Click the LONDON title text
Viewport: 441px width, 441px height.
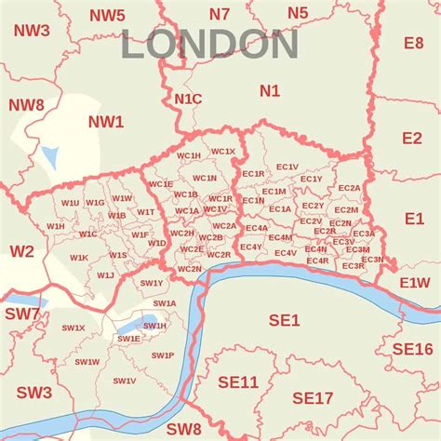pyautogui.click(x=210, y=45)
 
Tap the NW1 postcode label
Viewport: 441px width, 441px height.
pyautogui.click(x=105, y=122)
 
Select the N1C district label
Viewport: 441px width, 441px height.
pyautogui.click(x=187, y=98)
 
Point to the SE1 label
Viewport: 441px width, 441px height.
pyautogui.click(x=284, y=320)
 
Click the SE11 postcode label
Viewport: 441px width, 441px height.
pyautogui.click(x=238, y=382)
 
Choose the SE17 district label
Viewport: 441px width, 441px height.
pyautogui.click(x=313, y=398)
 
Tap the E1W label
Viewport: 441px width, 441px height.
pyautogui.click(x=415, y=282)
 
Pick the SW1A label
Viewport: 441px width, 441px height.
pyautogui.click(x=165, y=303)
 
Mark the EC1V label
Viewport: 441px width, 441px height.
pyautogui.click(x=287, y=167)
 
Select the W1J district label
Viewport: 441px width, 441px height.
pyautogui.click(x=105, y=275)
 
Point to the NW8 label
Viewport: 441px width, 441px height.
pyautogui.click(x=25, y=104)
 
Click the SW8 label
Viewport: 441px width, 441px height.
pyautogui.click(x=184, y=429)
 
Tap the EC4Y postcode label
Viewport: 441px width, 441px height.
pyautogui.click(x=251, y=247)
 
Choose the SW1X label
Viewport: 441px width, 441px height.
pyautogui.click(x=73, y=328)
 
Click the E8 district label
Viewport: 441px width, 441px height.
pyautogui.click(x=413, y=43)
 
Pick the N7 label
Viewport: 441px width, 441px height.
pyautogui.click(x=219, y=13)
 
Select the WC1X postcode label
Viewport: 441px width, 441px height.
pyautogui.click(x=223, y=151)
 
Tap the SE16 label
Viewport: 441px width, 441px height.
pyautogui.click(x=412, y=349)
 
